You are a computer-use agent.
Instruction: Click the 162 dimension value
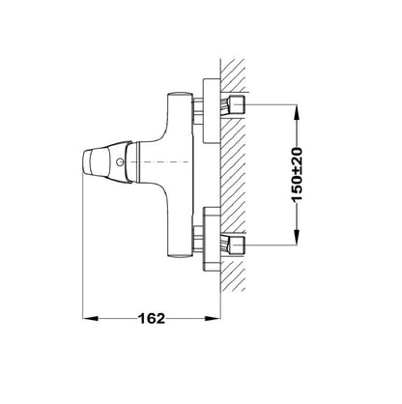coord(152,319)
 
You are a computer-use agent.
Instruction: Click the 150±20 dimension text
coord(297,175)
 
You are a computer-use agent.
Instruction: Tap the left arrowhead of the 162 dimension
coord(90,319)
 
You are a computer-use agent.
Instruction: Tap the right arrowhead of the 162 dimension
coord(213,319)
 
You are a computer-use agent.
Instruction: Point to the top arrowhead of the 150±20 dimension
coord(297,112)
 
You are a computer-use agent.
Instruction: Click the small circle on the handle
coord(120,161)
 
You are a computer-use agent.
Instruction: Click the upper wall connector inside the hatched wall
coord(234,105)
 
